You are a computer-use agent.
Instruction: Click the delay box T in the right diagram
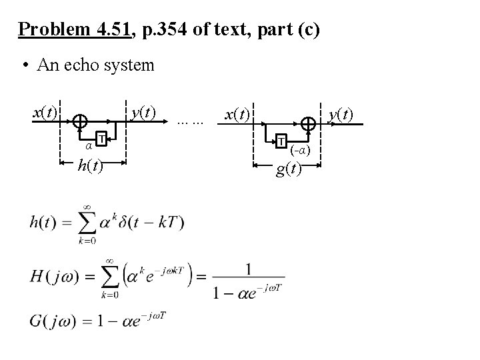282,141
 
